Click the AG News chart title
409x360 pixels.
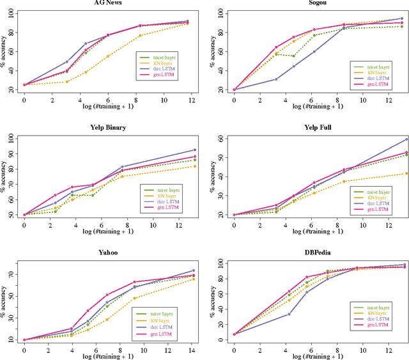[x=105, y=3]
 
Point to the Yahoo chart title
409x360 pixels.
[x=105, y=253]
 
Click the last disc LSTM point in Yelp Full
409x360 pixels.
[x=406, y=139]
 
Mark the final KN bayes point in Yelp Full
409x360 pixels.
[x=406, y=173]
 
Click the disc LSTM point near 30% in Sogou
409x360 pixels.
[x=276, y=79]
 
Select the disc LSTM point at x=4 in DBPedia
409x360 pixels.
[x=289, y=314]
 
